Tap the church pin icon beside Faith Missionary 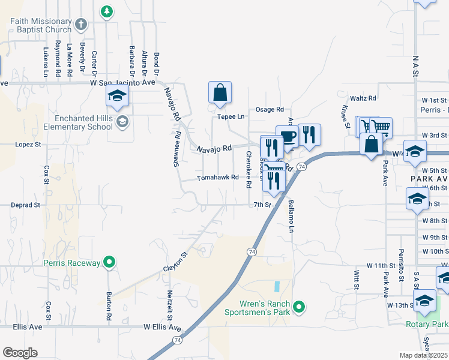pyautogui.click(x=82, y=24)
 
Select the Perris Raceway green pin pyautogui.click(x=109, y=262)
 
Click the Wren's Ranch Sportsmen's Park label pyautogui.click(x=257, y=308)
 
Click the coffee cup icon pyautogui.click(x=287, y=136)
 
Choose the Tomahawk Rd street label pyautogui.click(x=218, y=178)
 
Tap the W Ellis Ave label pyautogui.click(x=162, y=328)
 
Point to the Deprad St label pyautogui.click(x=25, y=205)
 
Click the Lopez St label pyautogui.click(x=28, y=145)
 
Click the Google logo pyautogui.click(x=20, y=353)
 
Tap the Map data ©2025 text pyautogui.click(x=423, y=355)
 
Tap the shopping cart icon pyautogui.click(x=381, y=127)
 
